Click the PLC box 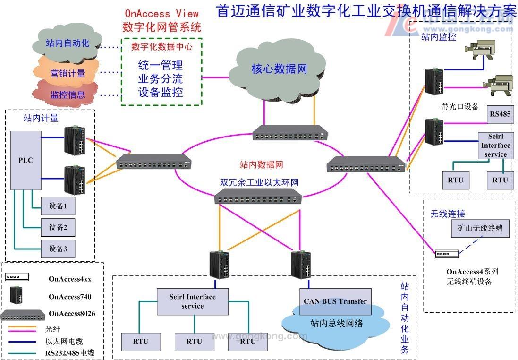tap(25, 160)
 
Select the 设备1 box tap(58, 206)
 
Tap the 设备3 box tap(58, 249)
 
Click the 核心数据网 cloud tap(279, 69)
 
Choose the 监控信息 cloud tap(67, 94)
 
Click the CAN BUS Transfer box tap(335, 301)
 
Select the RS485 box tap(500, 114)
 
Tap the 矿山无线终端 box tap(480, 229)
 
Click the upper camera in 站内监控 tap(479, 49)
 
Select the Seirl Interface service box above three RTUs tap(192, 301)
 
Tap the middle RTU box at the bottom tap(194, 341)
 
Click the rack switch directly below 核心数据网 tap(289, 133)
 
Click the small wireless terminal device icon tap(446, 254)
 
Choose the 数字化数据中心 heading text tap(161, 47)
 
